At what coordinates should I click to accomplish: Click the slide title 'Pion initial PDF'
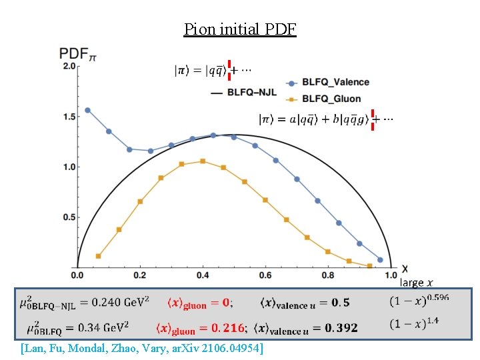click(240, 29)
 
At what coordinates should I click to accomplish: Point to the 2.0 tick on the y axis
click(69, 67)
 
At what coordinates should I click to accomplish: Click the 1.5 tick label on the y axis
click(69, 117)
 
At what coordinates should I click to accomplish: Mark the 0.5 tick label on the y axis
click(69, 217)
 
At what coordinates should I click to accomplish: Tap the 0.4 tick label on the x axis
click(203, 275)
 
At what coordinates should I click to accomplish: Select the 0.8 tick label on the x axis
click(328, 275)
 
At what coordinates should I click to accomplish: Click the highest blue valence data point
click(87, 111)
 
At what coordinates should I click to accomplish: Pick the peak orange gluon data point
click(203, 161)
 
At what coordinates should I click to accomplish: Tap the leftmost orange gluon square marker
click(99, 256)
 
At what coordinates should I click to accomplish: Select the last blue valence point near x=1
click(380, 259)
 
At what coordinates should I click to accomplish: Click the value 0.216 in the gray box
click(228, 329)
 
